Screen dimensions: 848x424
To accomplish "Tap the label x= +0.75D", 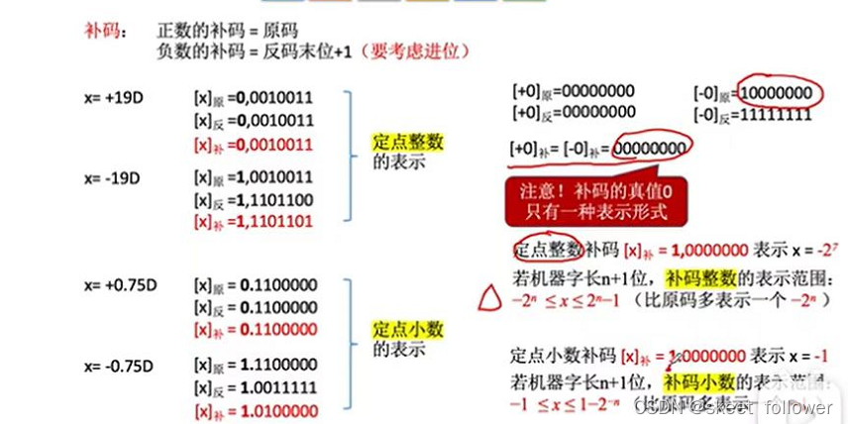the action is coord(121,285).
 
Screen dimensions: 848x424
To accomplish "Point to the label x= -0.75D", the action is coord(120,365).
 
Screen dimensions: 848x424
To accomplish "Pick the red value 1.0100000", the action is coord(278,410).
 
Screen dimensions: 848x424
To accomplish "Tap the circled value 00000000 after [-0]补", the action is coord(649,149).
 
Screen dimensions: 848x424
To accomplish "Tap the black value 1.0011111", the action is coord(278,387).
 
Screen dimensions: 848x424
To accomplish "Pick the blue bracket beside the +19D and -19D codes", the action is coord(348,159).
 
